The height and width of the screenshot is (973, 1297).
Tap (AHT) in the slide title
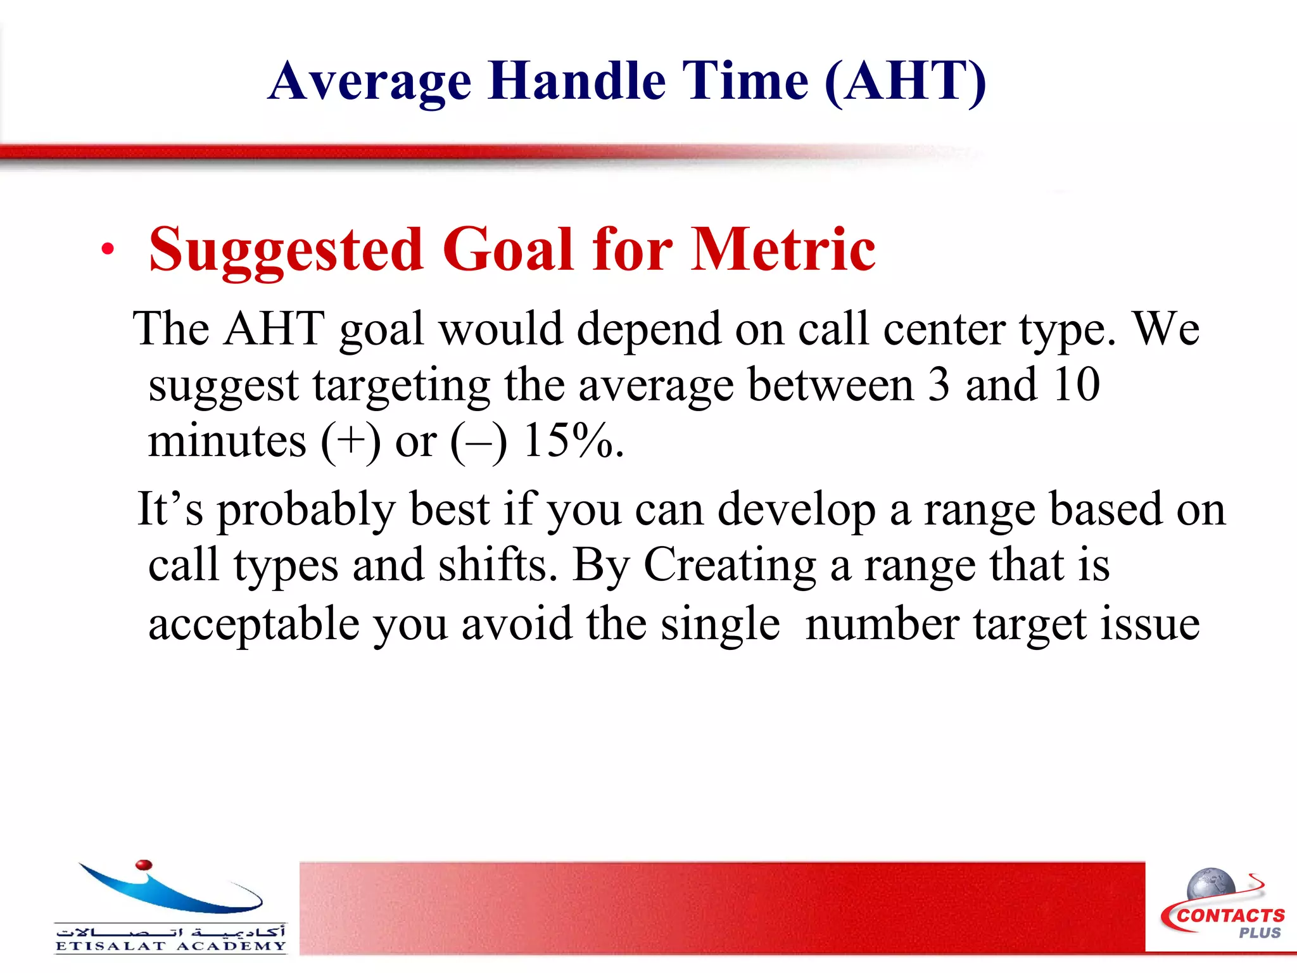(905, 81)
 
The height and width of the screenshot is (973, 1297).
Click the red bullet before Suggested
(108, 249)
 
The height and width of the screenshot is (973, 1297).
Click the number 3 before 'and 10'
(939, 385)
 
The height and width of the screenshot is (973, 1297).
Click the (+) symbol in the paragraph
(350, 442)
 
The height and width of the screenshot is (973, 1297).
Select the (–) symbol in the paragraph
(479, 442)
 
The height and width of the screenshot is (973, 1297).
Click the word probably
(307, 511)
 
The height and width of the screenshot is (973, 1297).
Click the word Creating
(730, 565)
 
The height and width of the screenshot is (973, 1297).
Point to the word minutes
(227, 441)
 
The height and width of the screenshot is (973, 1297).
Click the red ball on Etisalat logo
(144, 865)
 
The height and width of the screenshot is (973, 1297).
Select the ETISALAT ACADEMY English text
(170, 946)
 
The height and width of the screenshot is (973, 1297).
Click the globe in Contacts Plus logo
(1210, 884)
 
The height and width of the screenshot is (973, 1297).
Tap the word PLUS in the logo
(1260, 933)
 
